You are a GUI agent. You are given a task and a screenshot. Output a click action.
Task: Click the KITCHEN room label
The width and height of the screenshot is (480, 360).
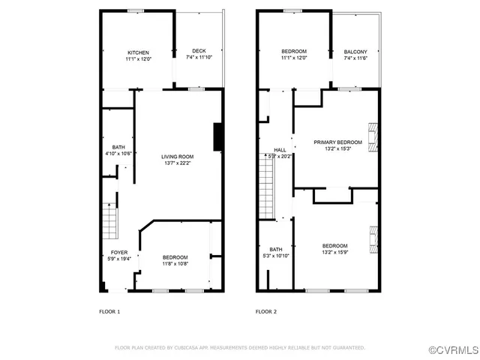click(137, 52)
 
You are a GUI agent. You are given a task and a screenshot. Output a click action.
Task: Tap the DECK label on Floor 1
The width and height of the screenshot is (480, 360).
click(199, 51)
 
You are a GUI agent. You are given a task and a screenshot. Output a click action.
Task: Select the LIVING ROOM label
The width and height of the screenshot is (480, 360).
click(178, 157)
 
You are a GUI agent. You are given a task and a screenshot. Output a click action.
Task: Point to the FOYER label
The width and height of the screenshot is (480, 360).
click(119, 252)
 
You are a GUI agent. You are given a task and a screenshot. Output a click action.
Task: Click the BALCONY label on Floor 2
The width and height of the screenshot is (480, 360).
click(355, 52)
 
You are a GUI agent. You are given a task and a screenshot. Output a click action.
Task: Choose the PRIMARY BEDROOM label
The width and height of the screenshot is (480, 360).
click(337, 142)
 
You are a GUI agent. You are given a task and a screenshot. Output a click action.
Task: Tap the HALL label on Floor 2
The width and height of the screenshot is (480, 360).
click(280, 150)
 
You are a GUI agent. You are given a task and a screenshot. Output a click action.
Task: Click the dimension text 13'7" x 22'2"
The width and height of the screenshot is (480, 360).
click(178, 163)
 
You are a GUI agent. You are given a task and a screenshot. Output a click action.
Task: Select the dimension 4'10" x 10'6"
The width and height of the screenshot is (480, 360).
click(118, 153)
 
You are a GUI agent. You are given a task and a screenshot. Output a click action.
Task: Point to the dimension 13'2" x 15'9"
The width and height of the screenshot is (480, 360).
click(335, 252)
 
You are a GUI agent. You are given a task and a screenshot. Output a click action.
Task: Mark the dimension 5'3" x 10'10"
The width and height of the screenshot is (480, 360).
click(276, 256)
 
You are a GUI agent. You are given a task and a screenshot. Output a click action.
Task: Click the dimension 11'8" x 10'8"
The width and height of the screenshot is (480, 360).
click(175, 263)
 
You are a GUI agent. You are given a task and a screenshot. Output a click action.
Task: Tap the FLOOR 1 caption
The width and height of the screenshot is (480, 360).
click(109, 311)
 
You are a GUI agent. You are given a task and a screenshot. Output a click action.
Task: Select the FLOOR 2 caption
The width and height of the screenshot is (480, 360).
click(266, 311)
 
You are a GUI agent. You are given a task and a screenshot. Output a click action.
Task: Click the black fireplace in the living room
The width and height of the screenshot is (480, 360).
click(218, 136)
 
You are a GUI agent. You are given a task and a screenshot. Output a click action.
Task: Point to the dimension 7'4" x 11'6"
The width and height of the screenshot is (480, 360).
click(355, 58)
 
